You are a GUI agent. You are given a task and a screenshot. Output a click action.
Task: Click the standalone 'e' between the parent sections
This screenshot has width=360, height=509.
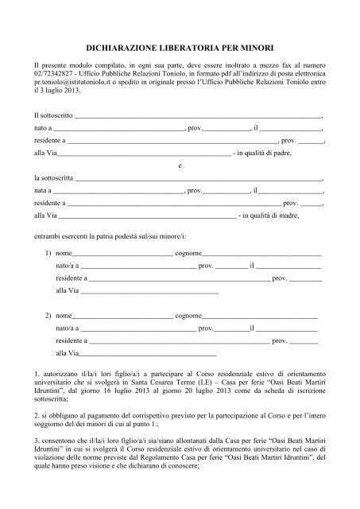[180, 166]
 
